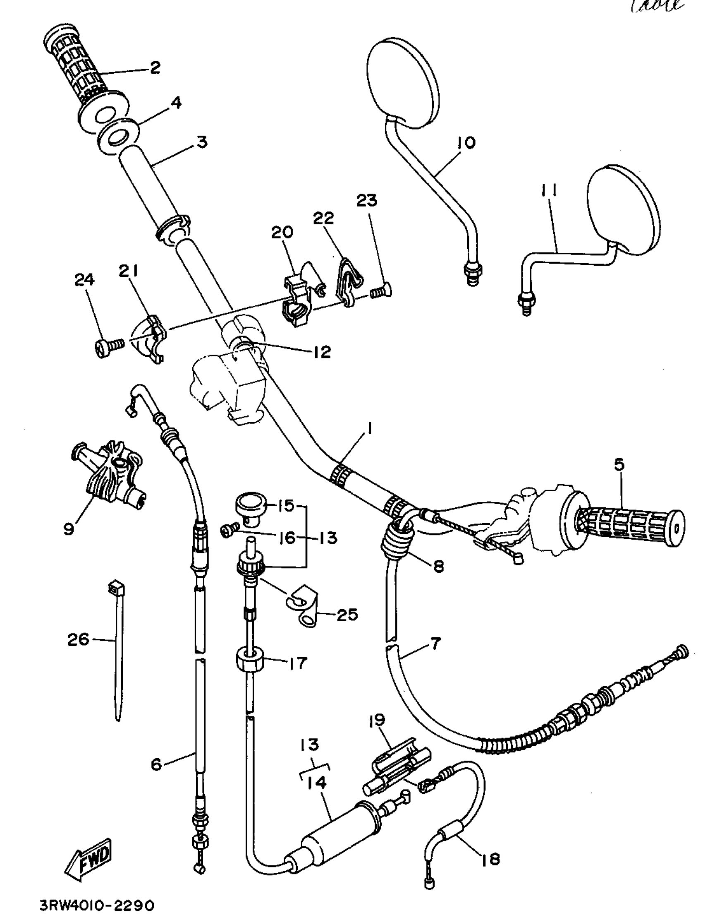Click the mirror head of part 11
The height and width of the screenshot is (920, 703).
624,209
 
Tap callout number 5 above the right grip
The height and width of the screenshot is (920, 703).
619,464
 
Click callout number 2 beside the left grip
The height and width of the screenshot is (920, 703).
155,67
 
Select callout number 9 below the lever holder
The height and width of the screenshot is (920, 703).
69,528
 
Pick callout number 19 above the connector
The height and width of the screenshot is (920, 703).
376,721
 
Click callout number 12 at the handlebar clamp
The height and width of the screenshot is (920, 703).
322,351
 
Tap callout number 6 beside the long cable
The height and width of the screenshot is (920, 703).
156,765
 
